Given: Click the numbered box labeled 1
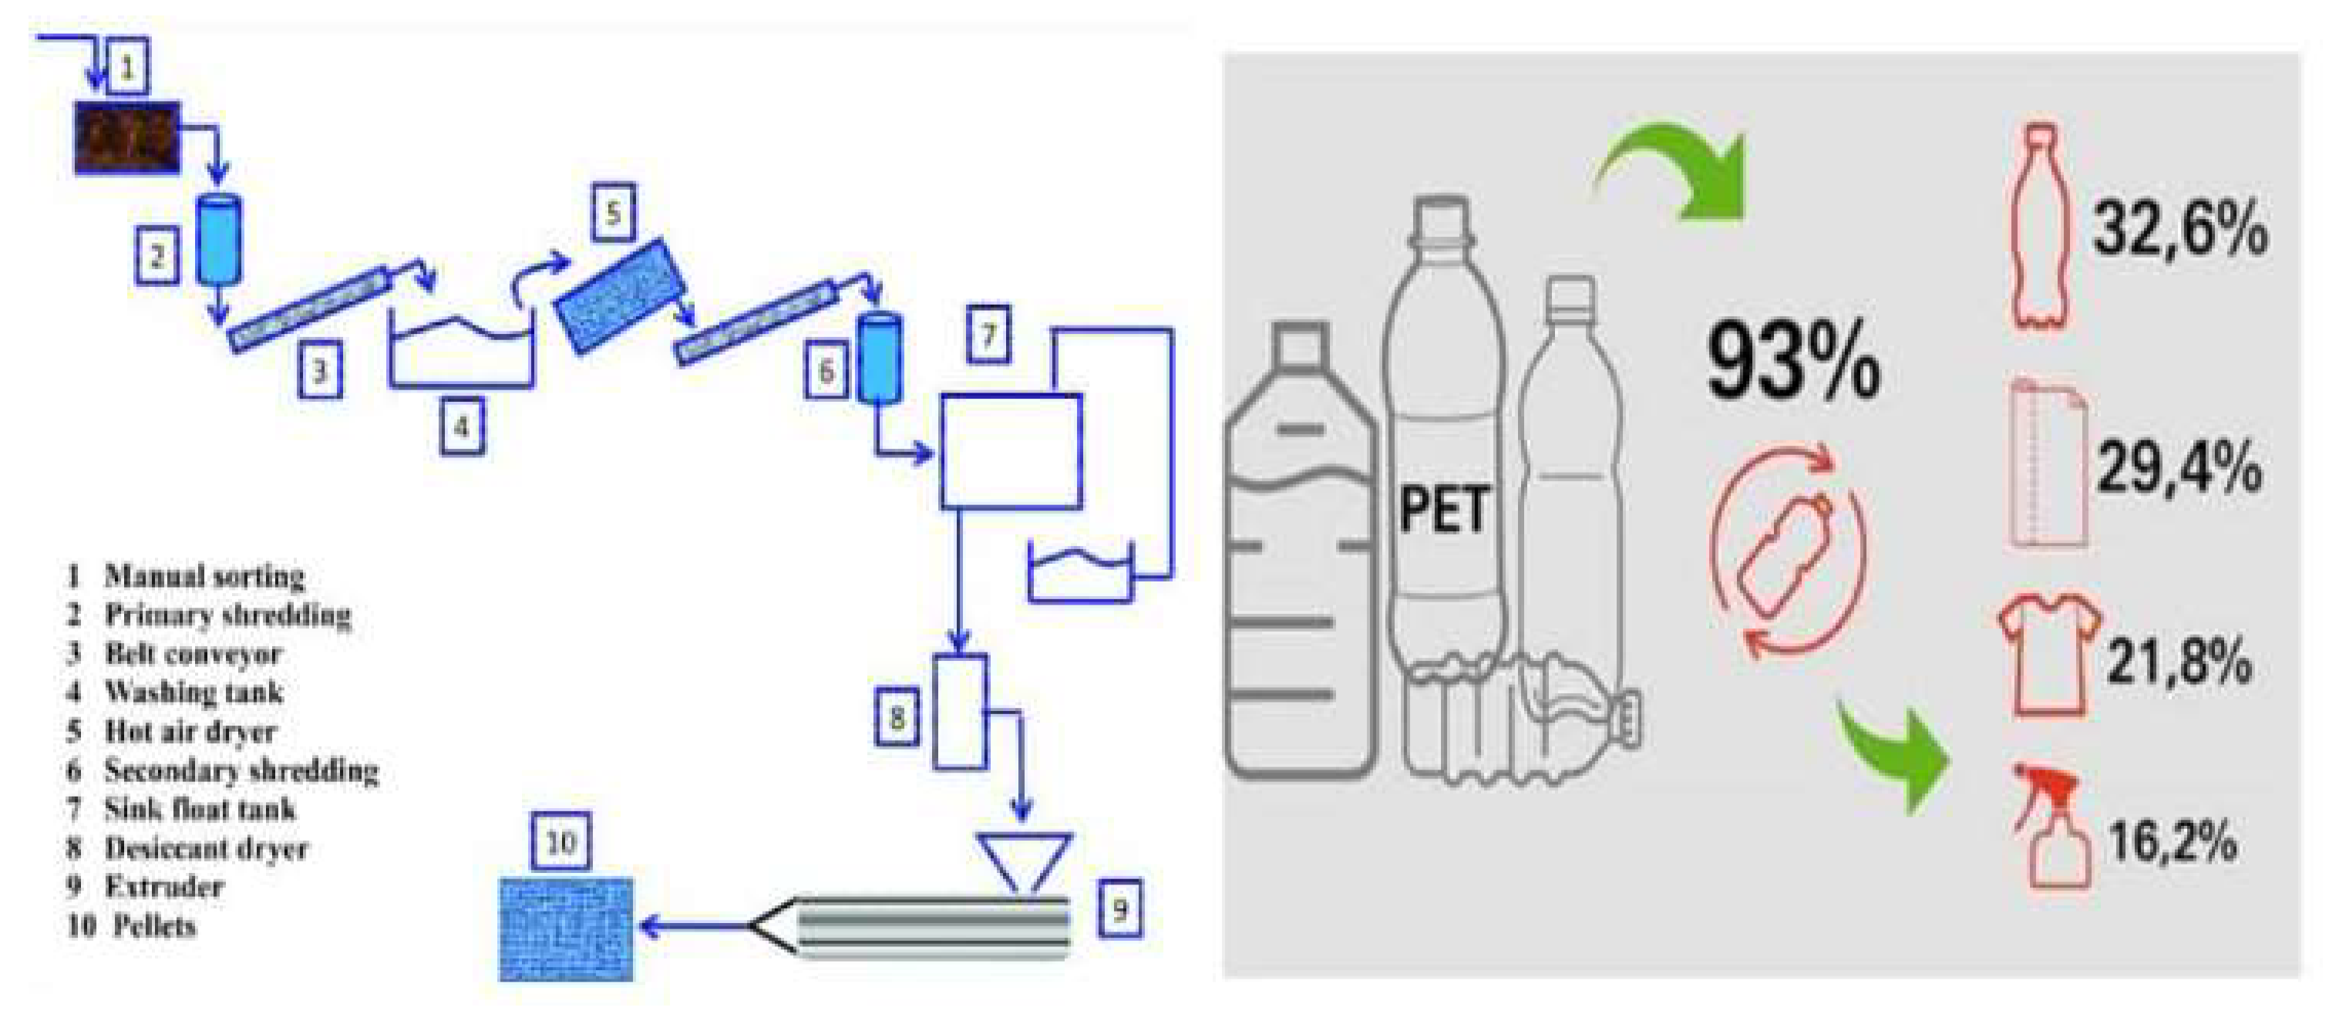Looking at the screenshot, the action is pos(127,67).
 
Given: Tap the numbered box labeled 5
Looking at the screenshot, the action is pos(613,214).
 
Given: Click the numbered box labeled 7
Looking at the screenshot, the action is pos(988,335).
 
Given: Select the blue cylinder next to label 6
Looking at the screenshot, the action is pos(880,358).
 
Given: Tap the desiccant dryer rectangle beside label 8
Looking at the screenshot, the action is pos(959,712).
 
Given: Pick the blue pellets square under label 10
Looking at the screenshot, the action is pos(566,929).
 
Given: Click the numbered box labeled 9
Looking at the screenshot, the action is pos(1119,908).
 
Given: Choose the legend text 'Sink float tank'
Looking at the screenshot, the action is pos(200,808).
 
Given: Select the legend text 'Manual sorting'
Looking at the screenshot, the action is pos(204,576).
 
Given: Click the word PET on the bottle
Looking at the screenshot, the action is pos(1443,509).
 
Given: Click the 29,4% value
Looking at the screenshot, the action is pos(2179,468).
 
